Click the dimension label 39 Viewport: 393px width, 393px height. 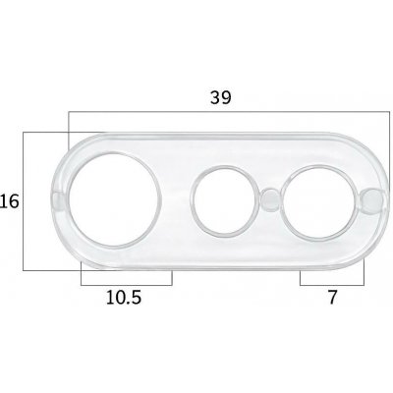221,97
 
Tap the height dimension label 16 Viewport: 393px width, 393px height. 9,201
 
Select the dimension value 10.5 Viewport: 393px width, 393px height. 124,298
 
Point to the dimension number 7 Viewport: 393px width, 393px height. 332,298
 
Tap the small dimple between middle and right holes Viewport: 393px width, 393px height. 270,198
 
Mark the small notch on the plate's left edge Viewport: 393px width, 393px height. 58,200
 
